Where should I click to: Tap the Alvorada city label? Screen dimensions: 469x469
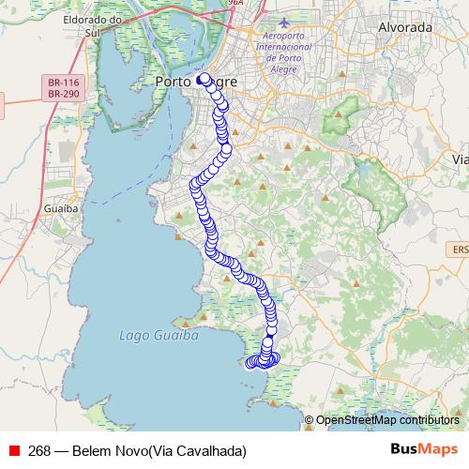[404, 27]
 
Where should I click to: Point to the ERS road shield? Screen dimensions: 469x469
[460, 250]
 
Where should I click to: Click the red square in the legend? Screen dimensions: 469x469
[14, 450]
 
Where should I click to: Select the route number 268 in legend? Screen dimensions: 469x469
[39, 450]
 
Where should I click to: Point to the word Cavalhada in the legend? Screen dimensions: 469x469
[208, 450]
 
